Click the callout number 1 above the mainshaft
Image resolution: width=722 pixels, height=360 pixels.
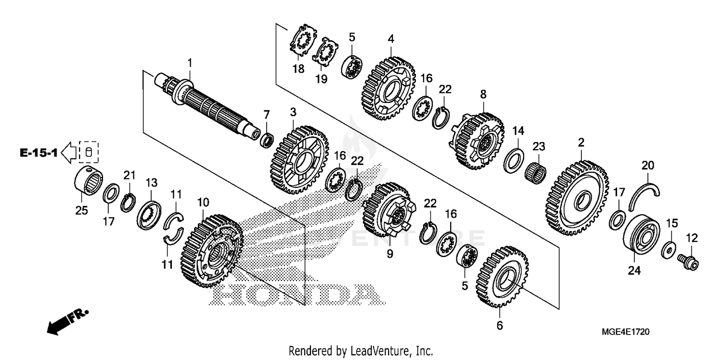(190, 63)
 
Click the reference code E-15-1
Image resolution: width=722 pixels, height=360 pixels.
(39, 153)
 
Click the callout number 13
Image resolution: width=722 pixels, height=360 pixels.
(152, 183)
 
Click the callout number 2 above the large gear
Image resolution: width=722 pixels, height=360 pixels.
(581, 143)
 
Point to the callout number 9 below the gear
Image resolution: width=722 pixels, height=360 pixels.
(389, 253)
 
